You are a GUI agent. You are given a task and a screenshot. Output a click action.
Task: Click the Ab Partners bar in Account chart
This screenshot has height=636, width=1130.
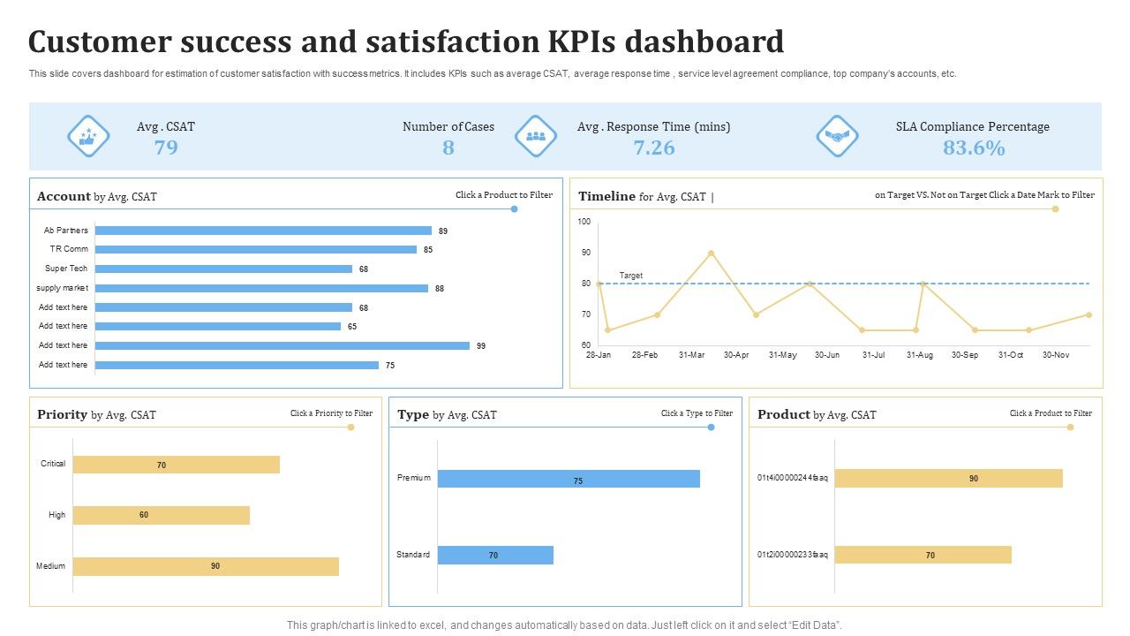[263, 231]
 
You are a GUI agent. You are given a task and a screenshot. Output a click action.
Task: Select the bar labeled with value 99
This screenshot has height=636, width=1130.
[282, 345]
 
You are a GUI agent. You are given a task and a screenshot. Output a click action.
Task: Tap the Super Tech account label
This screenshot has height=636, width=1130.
[66, 269]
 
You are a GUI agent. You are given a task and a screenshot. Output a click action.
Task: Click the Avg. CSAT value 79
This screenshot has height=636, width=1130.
[166, 148]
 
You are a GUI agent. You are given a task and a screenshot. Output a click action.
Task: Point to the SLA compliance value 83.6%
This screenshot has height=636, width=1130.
[973, 148]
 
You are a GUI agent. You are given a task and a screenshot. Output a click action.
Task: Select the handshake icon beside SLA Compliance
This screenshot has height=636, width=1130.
[836, 136]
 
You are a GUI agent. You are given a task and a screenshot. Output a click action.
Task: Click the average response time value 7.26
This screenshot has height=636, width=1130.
[653, 148]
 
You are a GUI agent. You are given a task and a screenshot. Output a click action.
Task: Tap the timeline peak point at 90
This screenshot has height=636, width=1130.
[711, 254]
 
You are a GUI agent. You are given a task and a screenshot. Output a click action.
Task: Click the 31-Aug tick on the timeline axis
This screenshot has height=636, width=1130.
[920, 355]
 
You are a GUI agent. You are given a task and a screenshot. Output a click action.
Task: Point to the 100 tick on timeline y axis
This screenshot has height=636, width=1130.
[584, 222]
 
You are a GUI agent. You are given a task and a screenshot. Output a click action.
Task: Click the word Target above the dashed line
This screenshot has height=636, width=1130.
[631, 276]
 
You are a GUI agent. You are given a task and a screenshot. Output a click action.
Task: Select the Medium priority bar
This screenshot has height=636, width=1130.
[206, 566]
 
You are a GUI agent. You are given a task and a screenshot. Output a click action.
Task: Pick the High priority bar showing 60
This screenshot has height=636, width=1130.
[162, 515]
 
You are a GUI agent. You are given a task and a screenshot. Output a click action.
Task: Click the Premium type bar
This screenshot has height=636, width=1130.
[569, 479]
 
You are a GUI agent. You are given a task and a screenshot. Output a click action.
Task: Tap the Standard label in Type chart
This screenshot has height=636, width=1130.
[413, 555]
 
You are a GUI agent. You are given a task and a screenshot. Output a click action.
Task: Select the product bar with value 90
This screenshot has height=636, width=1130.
[948, 478]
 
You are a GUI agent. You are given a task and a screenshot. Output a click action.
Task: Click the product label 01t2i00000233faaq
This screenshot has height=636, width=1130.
[792, 555]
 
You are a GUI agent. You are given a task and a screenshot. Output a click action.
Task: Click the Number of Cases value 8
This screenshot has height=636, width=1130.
[448, 148]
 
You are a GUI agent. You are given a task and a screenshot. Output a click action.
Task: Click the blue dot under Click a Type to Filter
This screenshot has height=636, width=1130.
[711, 428]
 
